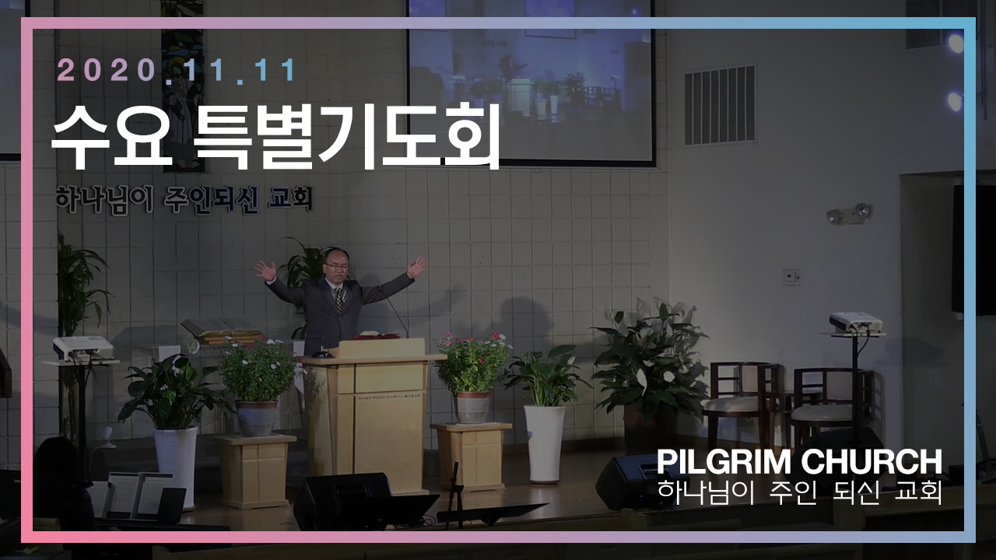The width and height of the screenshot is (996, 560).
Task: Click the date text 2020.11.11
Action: [177, 70]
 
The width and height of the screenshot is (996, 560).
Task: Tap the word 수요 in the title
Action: [111, 136]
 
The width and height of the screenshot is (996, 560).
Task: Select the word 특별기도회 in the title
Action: [348, 136]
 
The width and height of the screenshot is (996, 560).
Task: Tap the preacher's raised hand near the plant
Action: [266, 270]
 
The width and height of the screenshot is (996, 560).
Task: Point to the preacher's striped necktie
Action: [339, 300]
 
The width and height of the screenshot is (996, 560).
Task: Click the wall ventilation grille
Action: [720, 106]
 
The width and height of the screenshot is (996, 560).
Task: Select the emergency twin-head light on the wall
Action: [849, 214]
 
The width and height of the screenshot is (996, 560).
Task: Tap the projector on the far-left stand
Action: [83, 348]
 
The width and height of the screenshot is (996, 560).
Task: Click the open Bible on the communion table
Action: [221, 327]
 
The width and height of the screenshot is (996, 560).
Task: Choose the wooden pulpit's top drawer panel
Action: [390, 378]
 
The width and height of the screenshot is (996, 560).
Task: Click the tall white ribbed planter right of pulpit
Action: [545, 443]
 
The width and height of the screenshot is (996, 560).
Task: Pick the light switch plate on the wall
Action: [791, 277]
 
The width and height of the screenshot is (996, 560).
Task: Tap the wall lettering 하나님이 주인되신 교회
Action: [184, 201]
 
